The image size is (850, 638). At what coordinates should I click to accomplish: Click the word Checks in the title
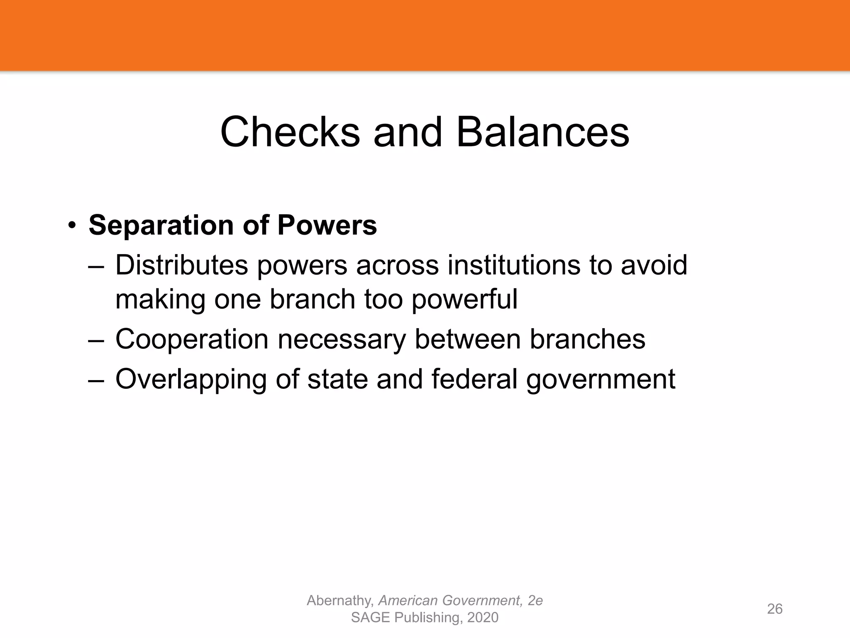[290, 132]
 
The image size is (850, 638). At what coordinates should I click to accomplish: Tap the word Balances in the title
[542, 132]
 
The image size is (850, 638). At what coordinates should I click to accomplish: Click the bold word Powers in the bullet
[327, 226]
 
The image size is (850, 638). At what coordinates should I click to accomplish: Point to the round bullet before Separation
[72, 226]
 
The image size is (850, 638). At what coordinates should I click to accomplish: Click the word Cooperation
[192, 339]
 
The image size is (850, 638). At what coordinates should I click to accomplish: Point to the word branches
[587, 339]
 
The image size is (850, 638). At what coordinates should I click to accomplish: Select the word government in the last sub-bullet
[601, 380]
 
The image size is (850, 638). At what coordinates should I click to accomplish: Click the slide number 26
[774, 609]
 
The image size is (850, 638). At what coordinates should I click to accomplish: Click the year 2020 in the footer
[482, 618]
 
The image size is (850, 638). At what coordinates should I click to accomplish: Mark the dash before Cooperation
[96, 340]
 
